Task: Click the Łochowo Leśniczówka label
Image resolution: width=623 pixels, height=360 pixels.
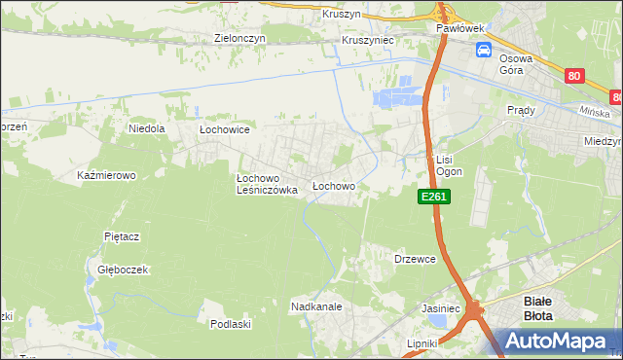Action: [x=267, y=185]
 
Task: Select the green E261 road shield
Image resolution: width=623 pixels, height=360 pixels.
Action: [x=434, y=197]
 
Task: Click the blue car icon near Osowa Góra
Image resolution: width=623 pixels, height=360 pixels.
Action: [x=484, y=52]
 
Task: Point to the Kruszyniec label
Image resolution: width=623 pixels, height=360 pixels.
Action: [x=366, y=42]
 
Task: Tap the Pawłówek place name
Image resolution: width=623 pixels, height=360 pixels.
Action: [x=460, y=29]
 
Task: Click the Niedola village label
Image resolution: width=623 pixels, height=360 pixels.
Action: [x=147, y=127]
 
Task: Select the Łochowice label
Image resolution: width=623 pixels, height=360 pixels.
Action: [x=226, y=129]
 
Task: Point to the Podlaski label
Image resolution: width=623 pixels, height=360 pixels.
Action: [x=231, y=324]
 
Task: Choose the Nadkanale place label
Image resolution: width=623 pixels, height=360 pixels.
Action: [x=314, y=306]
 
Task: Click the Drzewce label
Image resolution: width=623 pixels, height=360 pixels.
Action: [x=415, y=259]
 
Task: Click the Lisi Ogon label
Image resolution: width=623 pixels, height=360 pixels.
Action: [x=448, y=165]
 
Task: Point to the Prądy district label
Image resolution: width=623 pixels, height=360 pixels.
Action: [x=521, y=111]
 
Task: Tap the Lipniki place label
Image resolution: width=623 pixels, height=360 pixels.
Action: [x=423, y=343]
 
